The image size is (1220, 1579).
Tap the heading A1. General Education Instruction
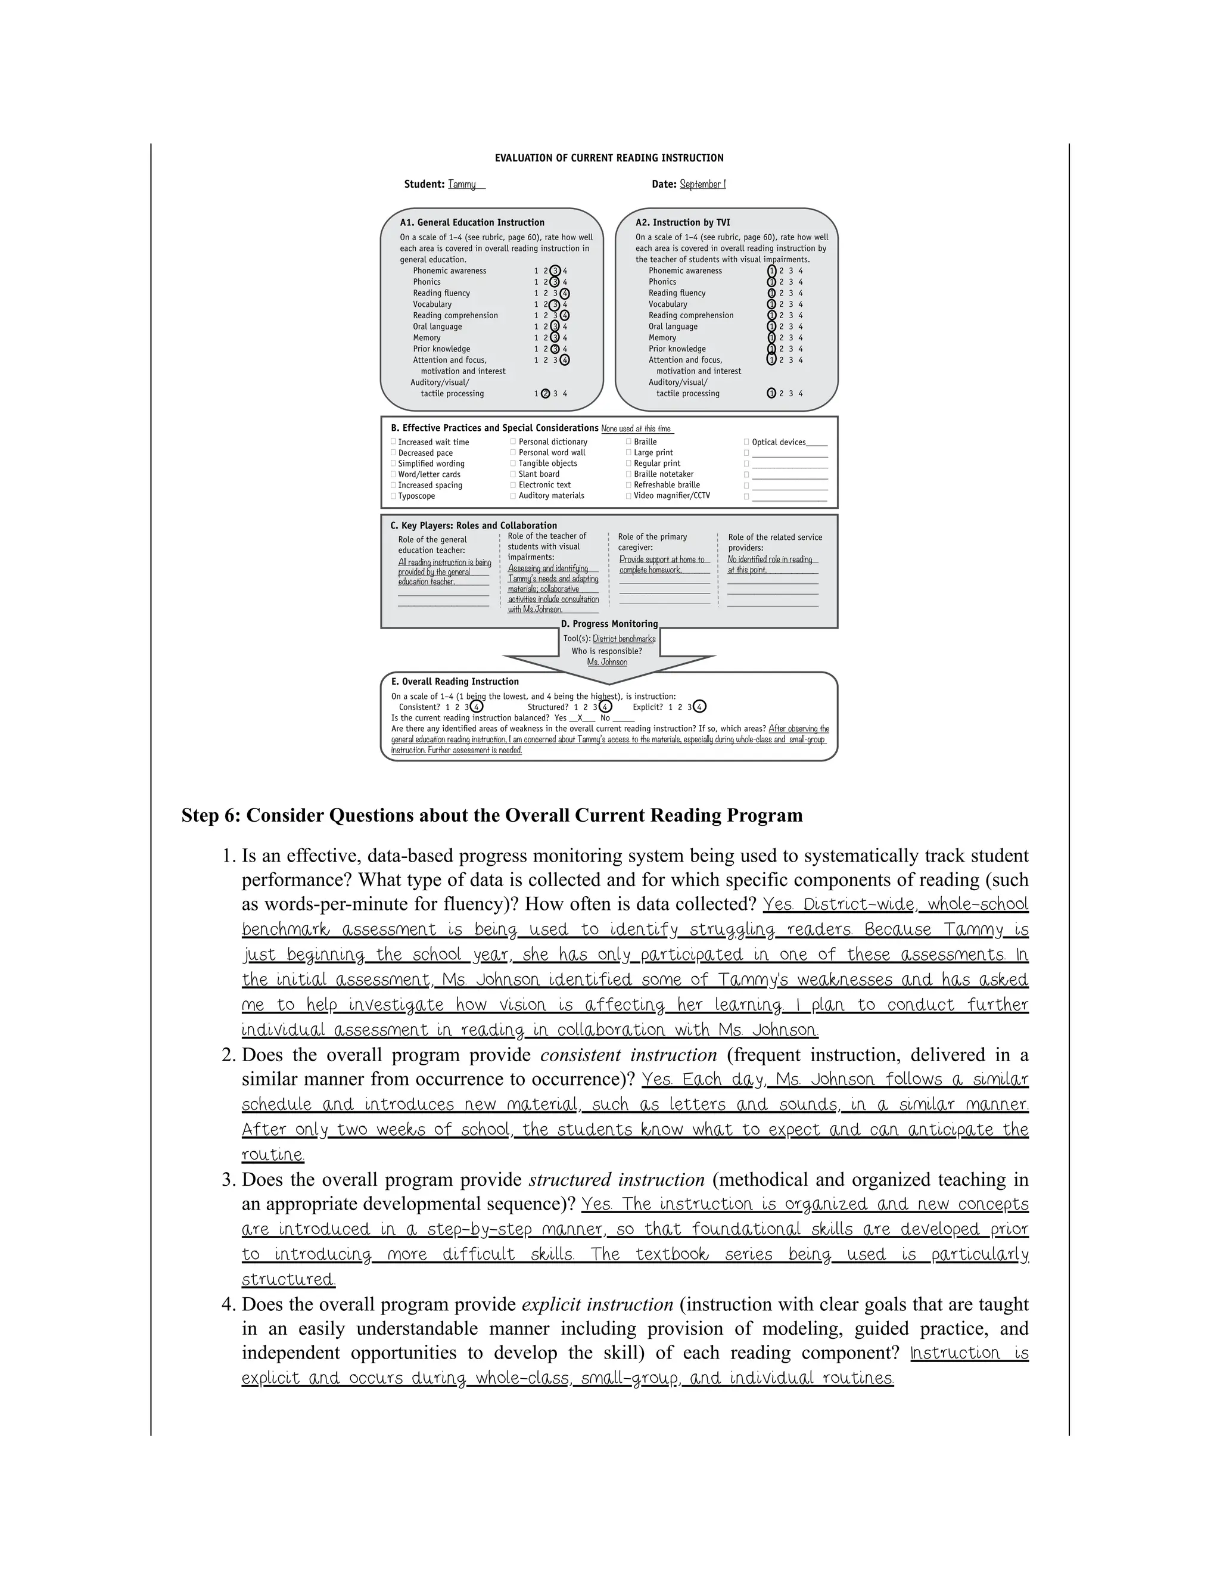(472, 223)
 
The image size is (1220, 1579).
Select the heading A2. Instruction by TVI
(682, 223)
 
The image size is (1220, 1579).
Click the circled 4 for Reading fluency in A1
(565, 294)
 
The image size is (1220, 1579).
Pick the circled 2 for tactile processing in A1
(546, 394)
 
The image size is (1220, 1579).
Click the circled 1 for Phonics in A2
(771, 282)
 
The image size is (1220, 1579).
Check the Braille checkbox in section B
(629, 442)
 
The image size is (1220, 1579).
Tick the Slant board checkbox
(513, 474)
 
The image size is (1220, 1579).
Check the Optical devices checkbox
(746, 442)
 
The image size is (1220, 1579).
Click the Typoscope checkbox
(393, 496)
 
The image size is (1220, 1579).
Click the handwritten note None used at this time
(636, 429)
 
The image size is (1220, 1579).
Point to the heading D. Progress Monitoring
(609, 624)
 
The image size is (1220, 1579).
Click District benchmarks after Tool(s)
(624, 639)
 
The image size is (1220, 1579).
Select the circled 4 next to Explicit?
(699, 707)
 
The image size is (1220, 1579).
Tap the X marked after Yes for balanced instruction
(580, 719)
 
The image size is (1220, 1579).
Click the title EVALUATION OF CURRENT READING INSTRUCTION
(609, 158)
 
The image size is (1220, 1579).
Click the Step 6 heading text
(491, 816)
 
